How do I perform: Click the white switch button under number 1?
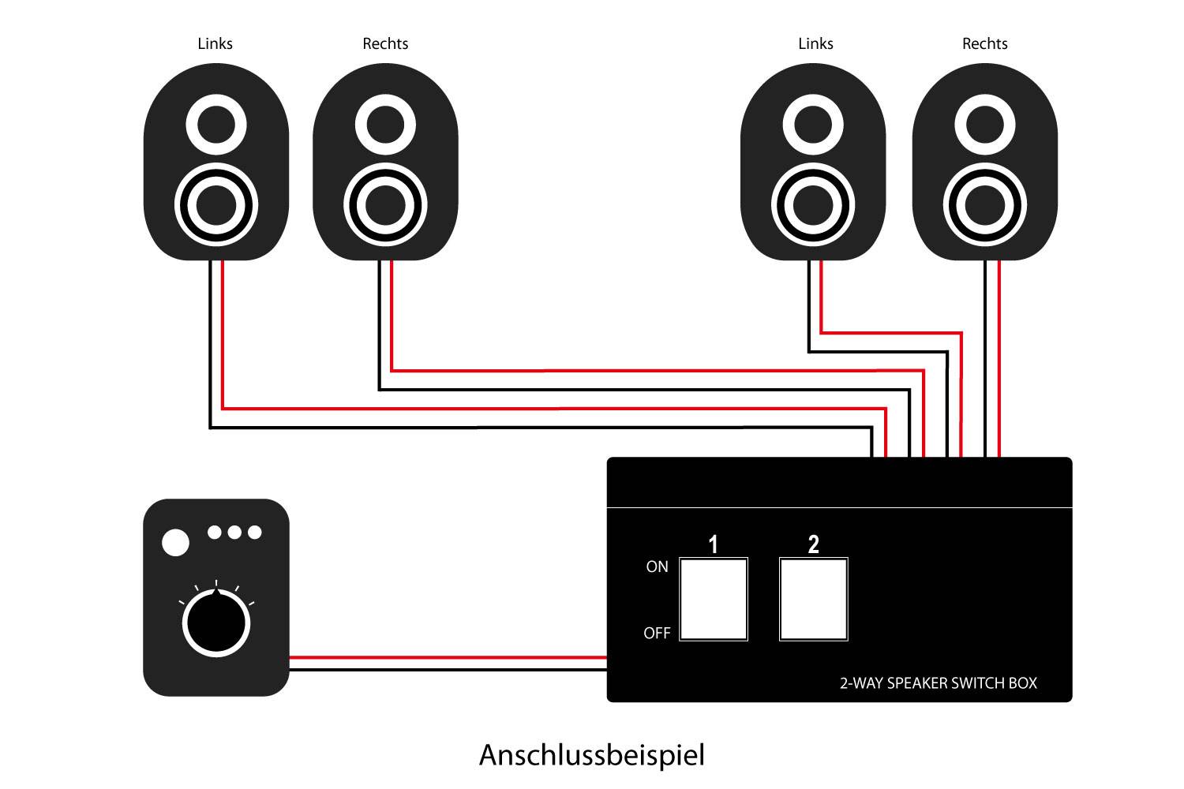(x=714, y=600)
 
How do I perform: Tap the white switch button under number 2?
(x=813, y=600)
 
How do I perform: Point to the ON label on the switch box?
(x=657, y=567)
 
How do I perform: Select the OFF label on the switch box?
(x=657, y=633)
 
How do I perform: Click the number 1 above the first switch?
(x=714, y=544)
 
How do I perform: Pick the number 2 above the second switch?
(x=813, y=544)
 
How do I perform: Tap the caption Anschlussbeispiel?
(x=591, y=755)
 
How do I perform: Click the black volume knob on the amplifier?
(x=216, y=623)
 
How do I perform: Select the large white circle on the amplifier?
(x=175, y=543)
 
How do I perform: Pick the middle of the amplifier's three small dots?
(x=234, y=533)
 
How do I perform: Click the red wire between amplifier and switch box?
(x=448, y=657)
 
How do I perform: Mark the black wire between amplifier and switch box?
(x=448, y=670)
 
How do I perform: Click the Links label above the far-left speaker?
(x=215, y=43)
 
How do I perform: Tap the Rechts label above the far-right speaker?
(x=984, y=43)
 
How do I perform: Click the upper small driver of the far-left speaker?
(x=215, y=125)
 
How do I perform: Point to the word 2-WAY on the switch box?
(x=861, y=683)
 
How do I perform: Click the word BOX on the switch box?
(x=1023, y=683)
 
